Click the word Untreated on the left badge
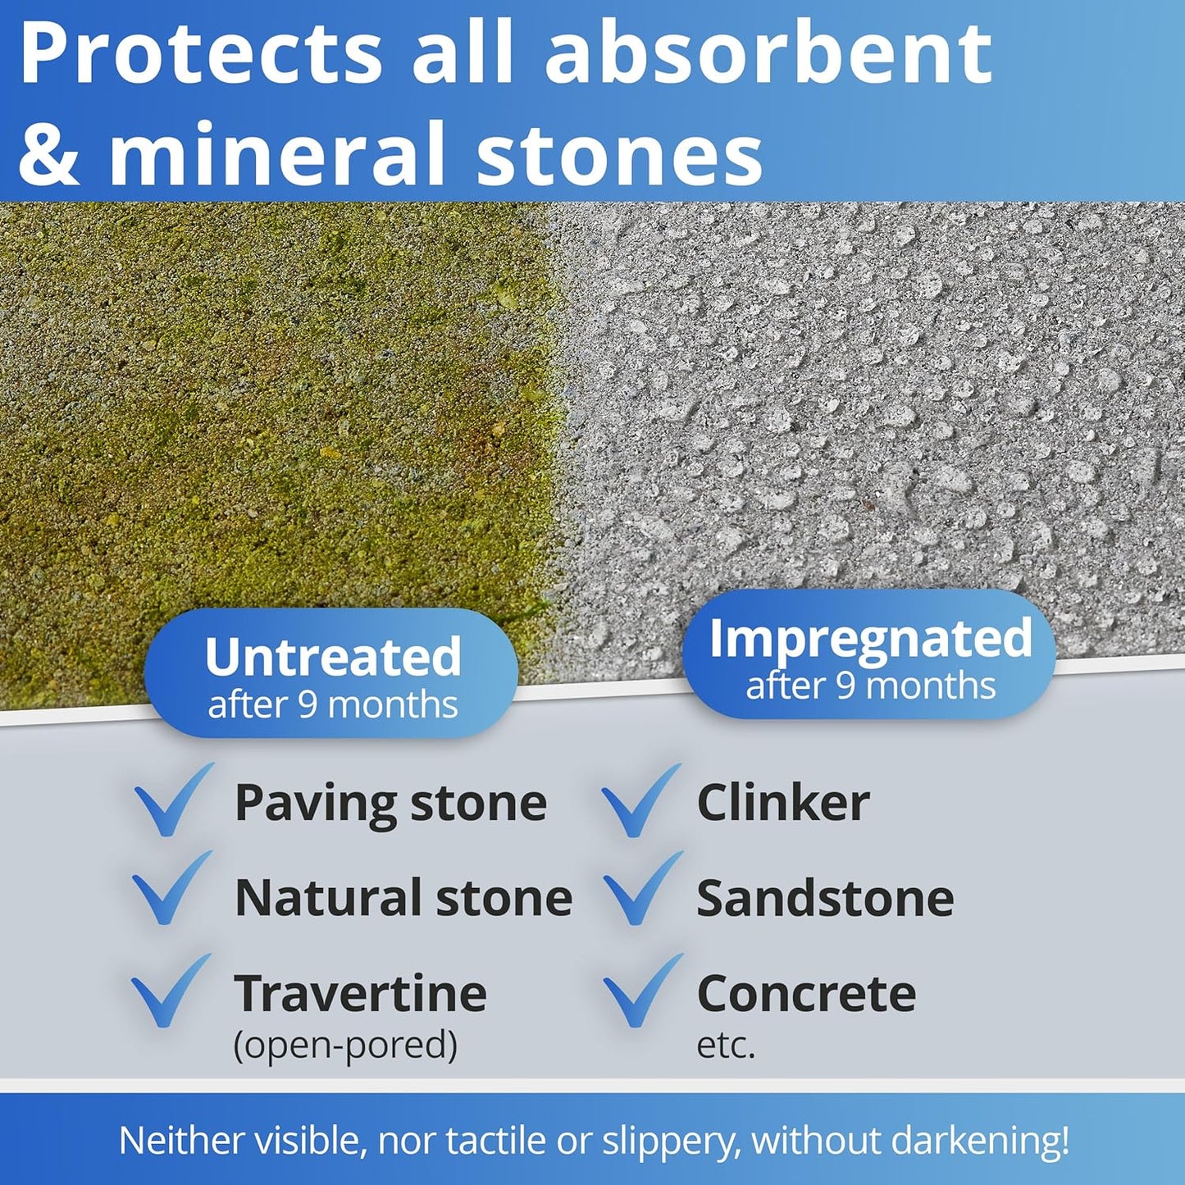click(333, 657)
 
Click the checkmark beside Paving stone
click(174, 800)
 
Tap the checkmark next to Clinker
click(641, 800)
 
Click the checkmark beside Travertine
click(171, 991)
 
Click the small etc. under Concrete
click(726, 1045)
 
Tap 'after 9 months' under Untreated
click(333, 704)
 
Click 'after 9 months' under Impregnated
click(871, 685)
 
